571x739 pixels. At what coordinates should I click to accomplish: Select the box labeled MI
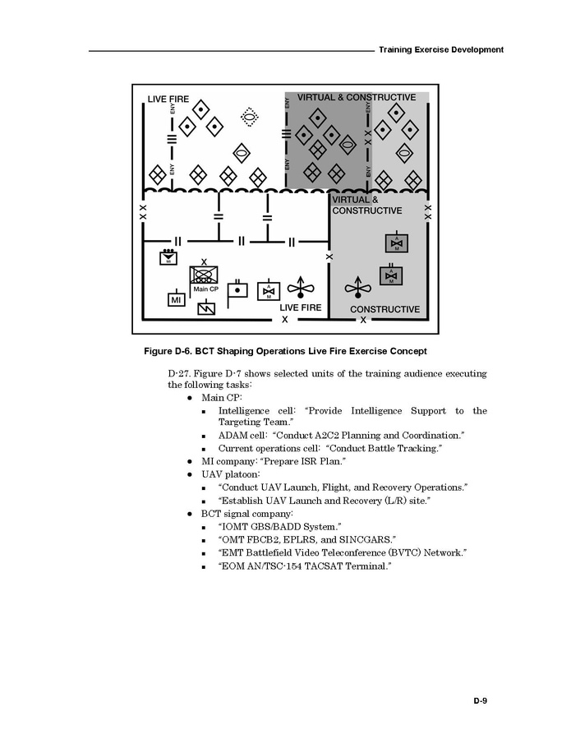(176, 300)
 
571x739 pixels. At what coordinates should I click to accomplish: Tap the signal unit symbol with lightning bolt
(206, 308)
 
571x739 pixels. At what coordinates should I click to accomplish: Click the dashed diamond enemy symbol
(249, 118)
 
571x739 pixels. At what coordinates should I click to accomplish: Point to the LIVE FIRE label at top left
(168, 99)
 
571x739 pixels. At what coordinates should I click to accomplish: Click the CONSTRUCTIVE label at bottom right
(385, 310)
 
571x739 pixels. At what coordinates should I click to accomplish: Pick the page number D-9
(480, 701)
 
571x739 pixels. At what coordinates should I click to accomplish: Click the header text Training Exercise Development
(441, 50)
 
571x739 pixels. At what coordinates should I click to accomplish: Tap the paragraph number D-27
(179, 374)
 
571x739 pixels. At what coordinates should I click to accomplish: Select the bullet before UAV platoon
(189, 474)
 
